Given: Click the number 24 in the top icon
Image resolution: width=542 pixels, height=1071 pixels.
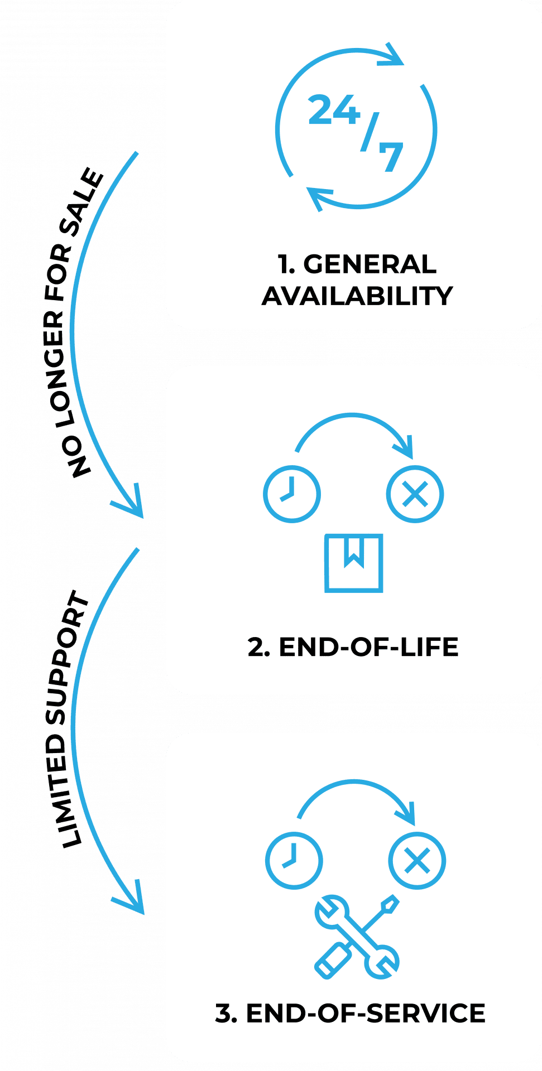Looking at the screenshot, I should coord(334,110).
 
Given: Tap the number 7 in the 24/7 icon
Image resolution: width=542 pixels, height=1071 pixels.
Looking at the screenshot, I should coord(391,157).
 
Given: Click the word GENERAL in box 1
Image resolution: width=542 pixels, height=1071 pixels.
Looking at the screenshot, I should coord(370,264).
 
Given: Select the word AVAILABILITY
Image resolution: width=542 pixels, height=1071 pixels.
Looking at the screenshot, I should coord(357,296).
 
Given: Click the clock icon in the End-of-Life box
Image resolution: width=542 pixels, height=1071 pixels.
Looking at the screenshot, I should coord(291,494).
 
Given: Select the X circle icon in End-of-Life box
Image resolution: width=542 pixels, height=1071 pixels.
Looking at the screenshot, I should coord(415,494).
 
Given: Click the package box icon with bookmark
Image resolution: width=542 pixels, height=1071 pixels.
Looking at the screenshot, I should coord(353,563).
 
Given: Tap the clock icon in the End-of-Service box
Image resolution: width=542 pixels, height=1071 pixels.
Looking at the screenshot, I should coord(293,860).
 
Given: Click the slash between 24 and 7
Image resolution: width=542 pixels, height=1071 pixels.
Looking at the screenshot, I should coord(369,133).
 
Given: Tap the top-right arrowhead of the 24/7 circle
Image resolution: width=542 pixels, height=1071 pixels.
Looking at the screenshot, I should coord(394,56).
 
